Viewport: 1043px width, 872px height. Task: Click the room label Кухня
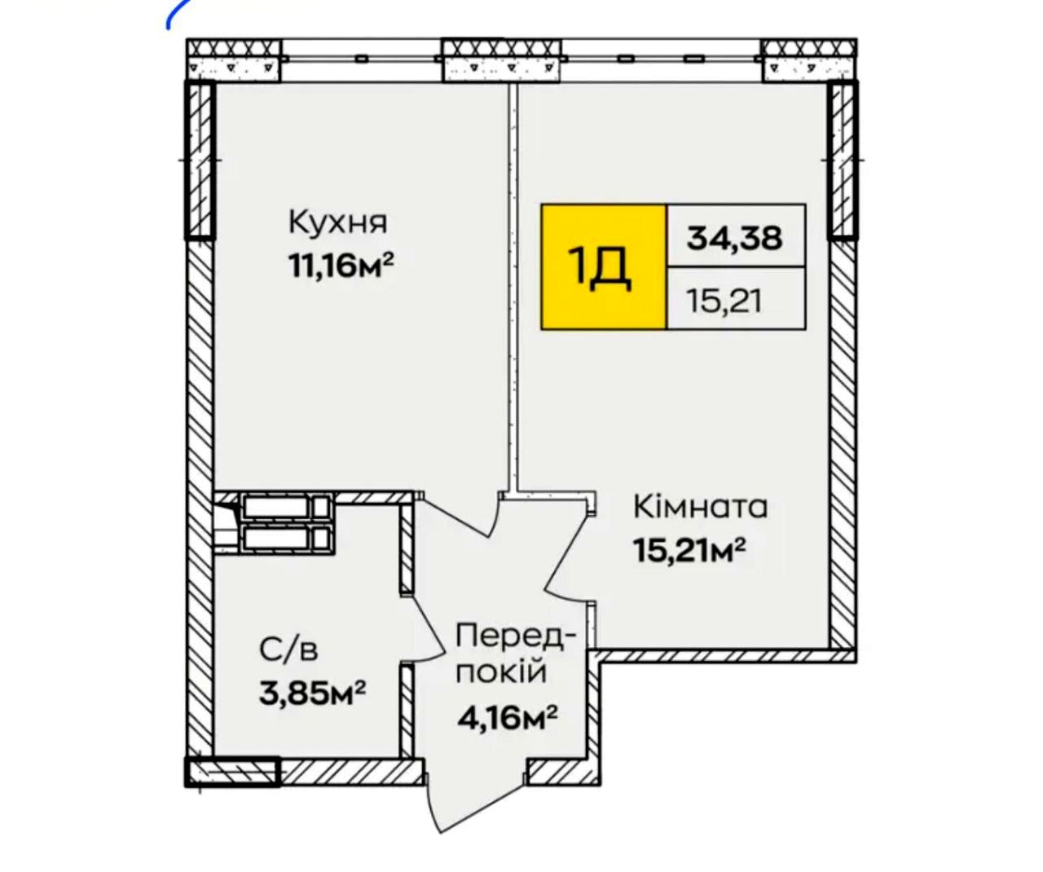(337, 222)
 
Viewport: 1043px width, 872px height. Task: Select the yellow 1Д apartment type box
(604, 266)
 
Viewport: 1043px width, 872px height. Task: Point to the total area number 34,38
(734, 237)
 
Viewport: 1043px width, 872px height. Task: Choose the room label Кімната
(700, 507)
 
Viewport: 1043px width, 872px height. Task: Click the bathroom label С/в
(288, 650)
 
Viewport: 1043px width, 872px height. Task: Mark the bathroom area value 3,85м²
(313, 692)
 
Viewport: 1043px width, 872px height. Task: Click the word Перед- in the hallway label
(516, 637)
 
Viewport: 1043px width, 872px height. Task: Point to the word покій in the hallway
(501, 672)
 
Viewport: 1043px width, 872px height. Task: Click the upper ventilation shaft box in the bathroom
(287, 507)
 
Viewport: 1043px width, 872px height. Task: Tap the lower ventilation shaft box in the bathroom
(287, 539)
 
